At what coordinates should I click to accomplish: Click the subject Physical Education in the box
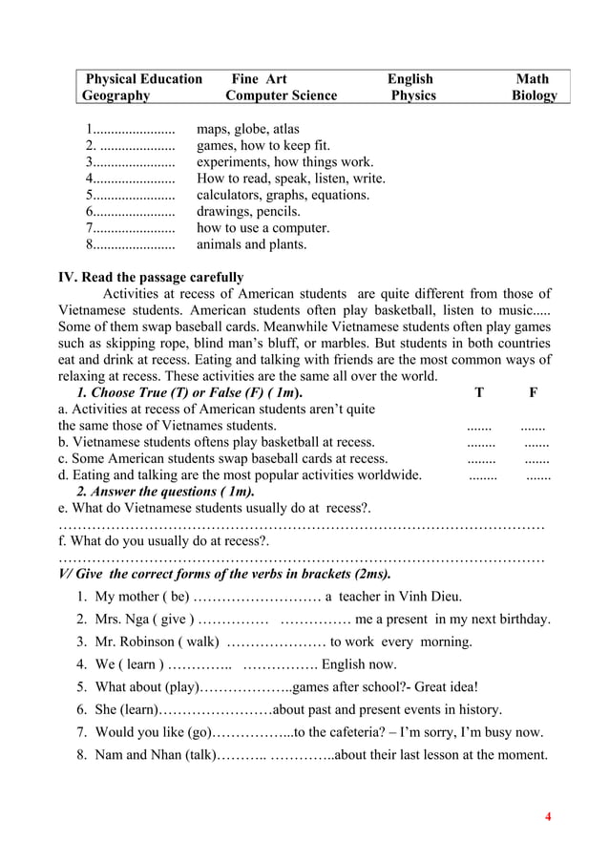[x=144, y=78]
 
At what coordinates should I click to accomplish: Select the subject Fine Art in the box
[x=260, y=78]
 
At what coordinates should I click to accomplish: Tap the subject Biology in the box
[x=534, y=95]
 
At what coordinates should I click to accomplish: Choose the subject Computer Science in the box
[x=281, y=95]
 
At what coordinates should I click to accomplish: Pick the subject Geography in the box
[x=115, y=95]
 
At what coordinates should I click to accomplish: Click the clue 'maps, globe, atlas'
[x=247, y=129]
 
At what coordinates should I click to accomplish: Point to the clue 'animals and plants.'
[x=252, y=244]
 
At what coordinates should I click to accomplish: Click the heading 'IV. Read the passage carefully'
[x=151, y=278]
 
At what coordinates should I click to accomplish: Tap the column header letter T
[x=479, y=392]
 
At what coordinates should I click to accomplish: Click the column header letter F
[x=533, y=392]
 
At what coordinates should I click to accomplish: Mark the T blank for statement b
[x=480, y=442]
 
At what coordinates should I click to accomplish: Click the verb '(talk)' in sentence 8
[x=198, y=755]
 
